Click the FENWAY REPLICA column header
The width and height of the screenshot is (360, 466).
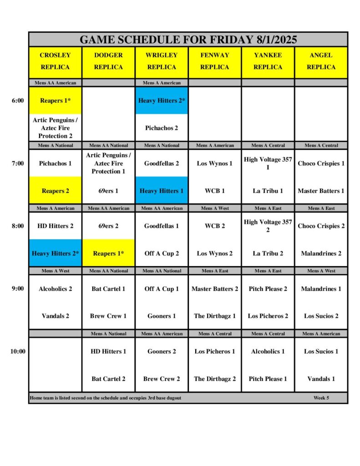pyautogui.click(x=214, y=61)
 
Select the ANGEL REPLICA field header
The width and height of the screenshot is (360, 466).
pyautogui.click(x=321, y=61)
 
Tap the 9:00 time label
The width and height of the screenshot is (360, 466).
pyautogui.click(x=18, y=289)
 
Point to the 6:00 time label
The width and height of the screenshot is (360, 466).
pyautogui.click(x=18, y=101)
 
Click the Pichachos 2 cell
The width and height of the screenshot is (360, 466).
pyautogui.click(x=162, y=128)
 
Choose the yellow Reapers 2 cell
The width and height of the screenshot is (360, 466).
pyautogui.click(x=55, y=191)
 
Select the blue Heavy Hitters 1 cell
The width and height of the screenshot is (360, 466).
pyautogui.click(x=162, y=191)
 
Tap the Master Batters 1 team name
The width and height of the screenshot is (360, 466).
pyautogui.click(x=321, y=191)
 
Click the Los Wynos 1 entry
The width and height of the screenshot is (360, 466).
pyautogui.click(x=214, y=163)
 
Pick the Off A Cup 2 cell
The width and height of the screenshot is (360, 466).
pyautogui.click(x=162, y=253)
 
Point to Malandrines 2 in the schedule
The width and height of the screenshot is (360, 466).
pyautogui.click(x=321, y=253)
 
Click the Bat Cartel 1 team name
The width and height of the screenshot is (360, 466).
pyautogui.click(x=108, y=289)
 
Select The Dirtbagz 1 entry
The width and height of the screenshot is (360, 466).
pyautogui.click(x=215, y=316)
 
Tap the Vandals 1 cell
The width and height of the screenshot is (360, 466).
pyautogui.click(x=321, y=379)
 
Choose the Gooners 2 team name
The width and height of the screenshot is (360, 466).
pyautogui.click(x=162, y=351)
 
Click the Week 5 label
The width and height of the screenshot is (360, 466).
pyautogui.click(x=321, y=398)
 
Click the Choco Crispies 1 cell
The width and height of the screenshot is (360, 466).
pyautogui.click(x=321, y=163)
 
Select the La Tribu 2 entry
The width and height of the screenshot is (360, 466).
pyautogui.click(x=268, y=253)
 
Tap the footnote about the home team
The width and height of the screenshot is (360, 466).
pyautogui.click(x=106, y=398)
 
